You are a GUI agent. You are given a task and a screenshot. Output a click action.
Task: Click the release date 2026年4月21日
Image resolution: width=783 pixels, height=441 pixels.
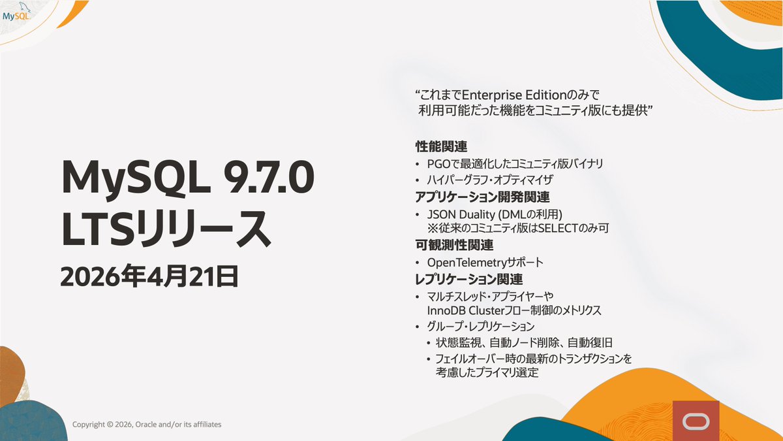[149, 277]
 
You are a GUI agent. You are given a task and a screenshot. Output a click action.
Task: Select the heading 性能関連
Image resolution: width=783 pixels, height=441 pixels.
[442, 146]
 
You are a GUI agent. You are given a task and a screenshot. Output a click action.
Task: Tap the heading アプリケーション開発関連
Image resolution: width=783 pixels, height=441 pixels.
[487, 196]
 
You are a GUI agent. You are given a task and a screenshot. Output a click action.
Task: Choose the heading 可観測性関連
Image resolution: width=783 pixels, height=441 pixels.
[454, 246]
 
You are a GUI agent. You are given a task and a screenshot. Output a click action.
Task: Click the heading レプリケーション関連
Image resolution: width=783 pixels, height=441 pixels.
[469, 279]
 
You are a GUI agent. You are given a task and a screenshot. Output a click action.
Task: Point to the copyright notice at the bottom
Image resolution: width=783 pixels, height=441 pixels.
[147, 424]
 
